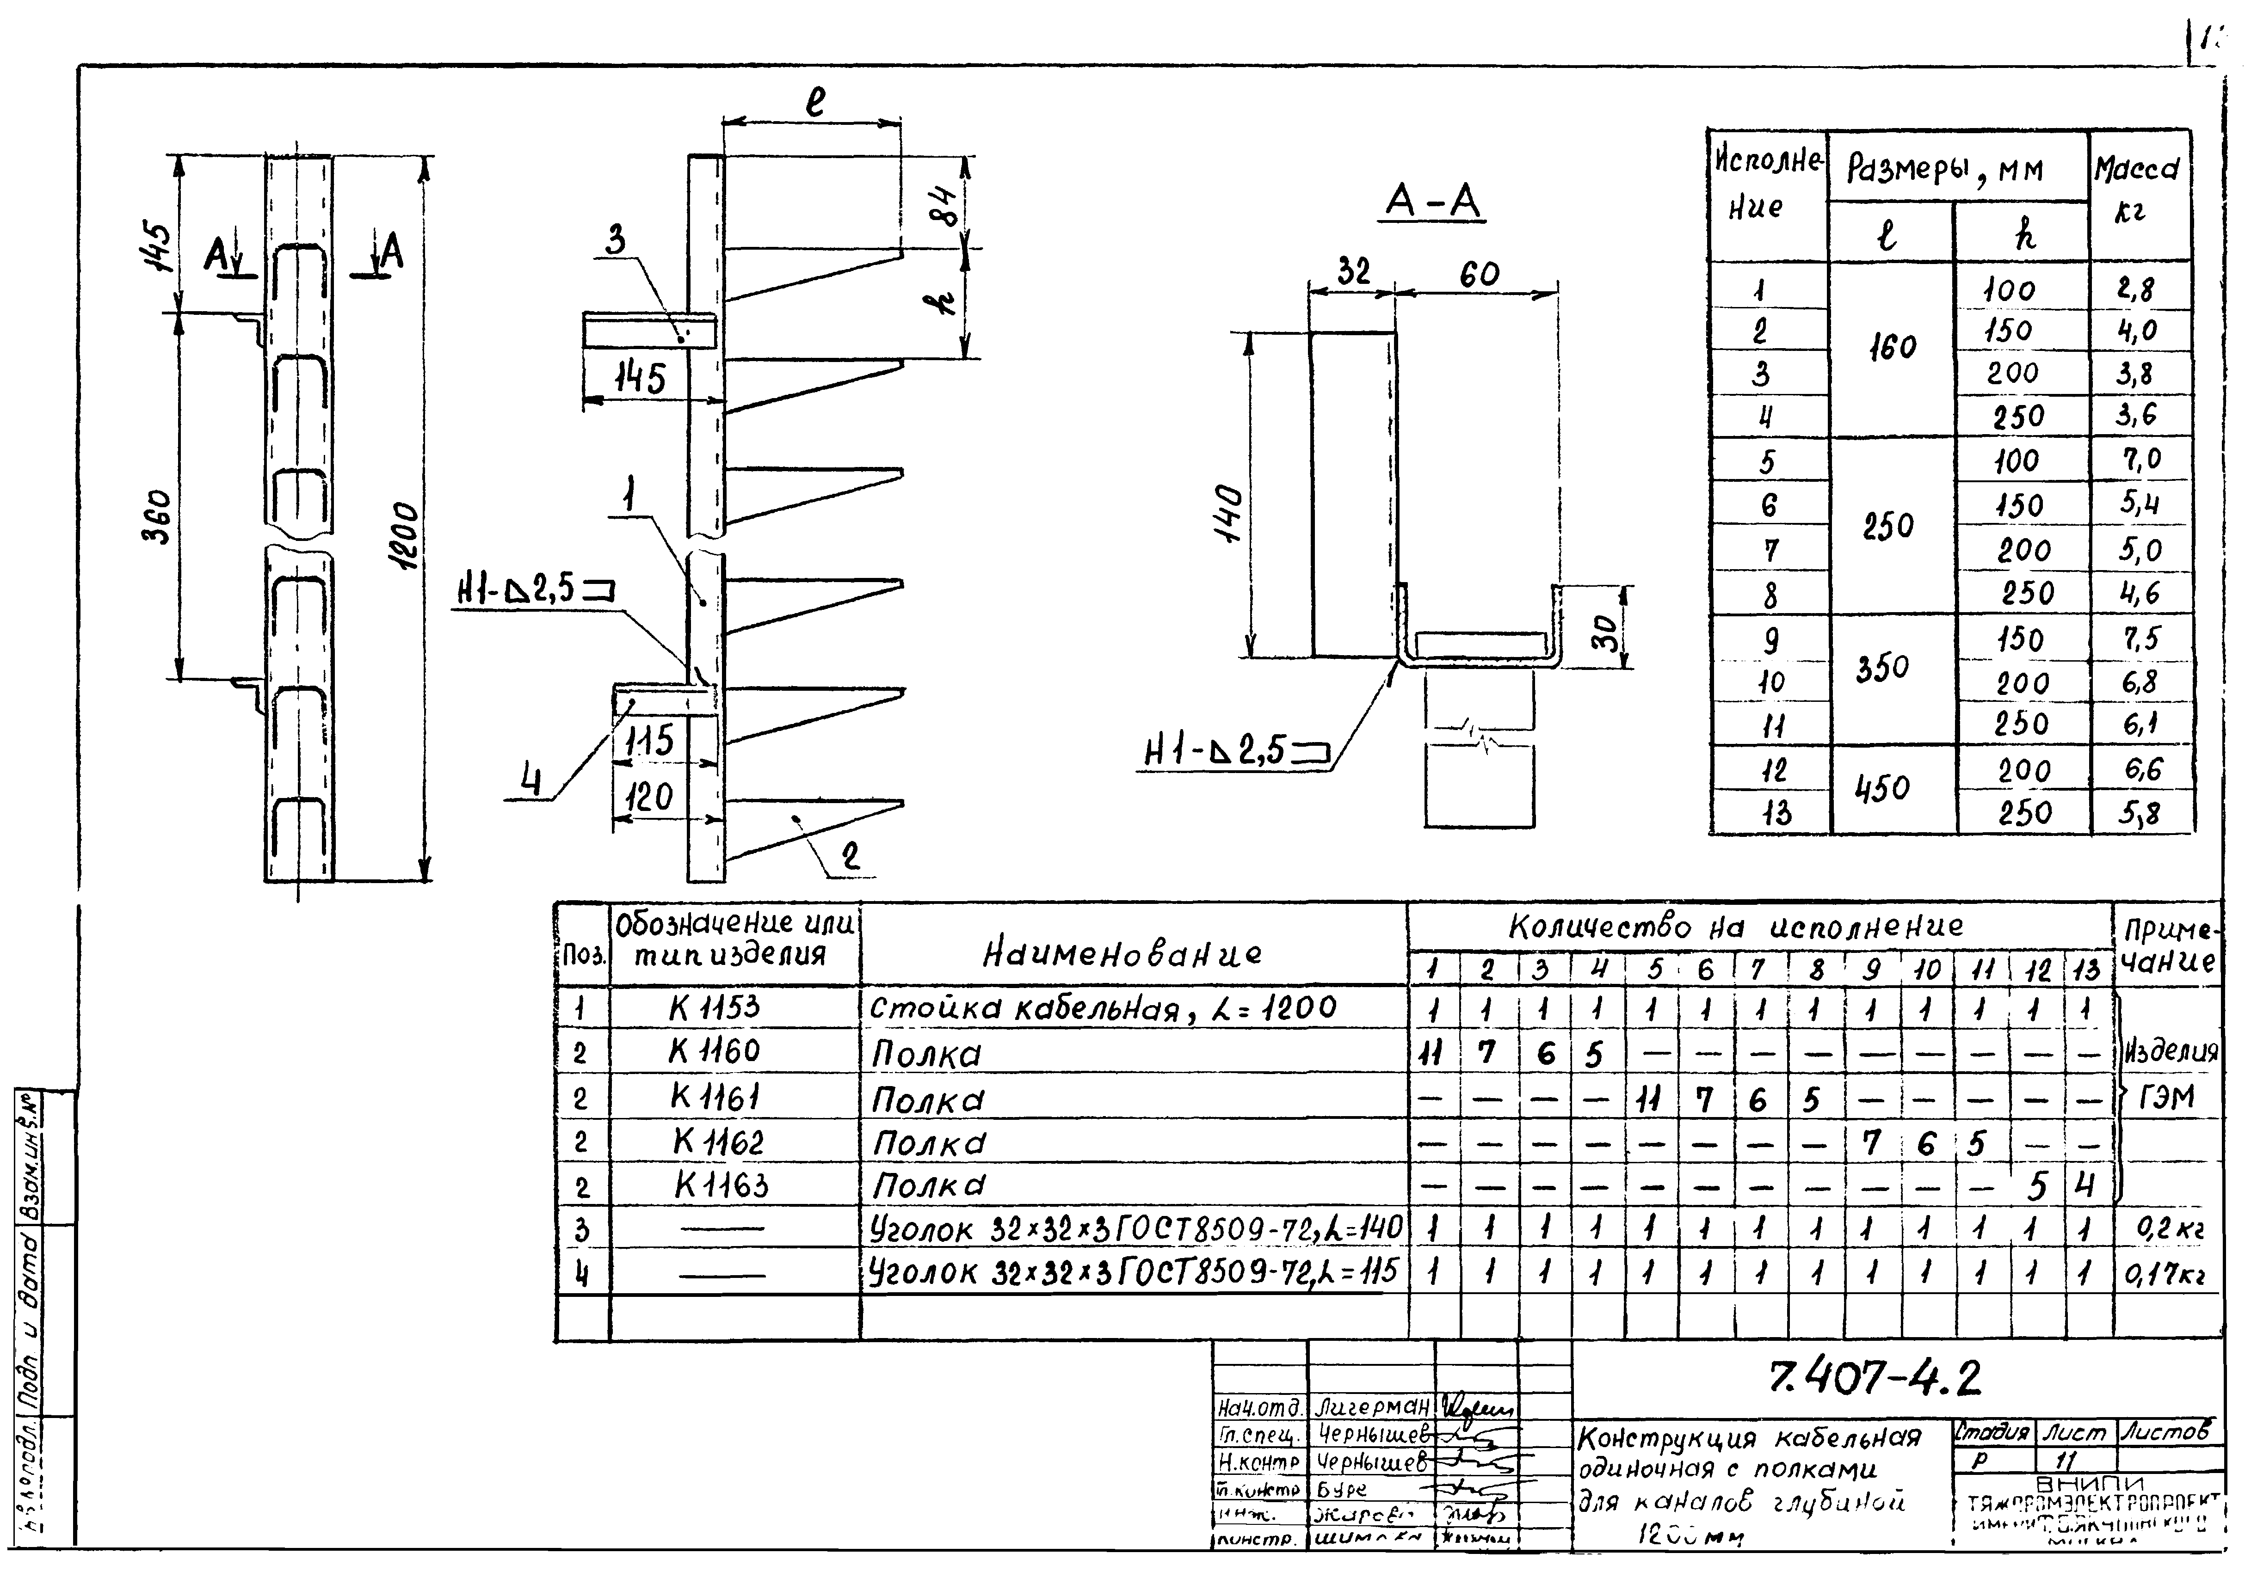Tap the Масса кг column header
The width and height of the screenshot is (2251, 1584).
2137,189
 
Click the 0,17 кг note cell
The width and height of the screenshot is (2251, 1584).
2165,1274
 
